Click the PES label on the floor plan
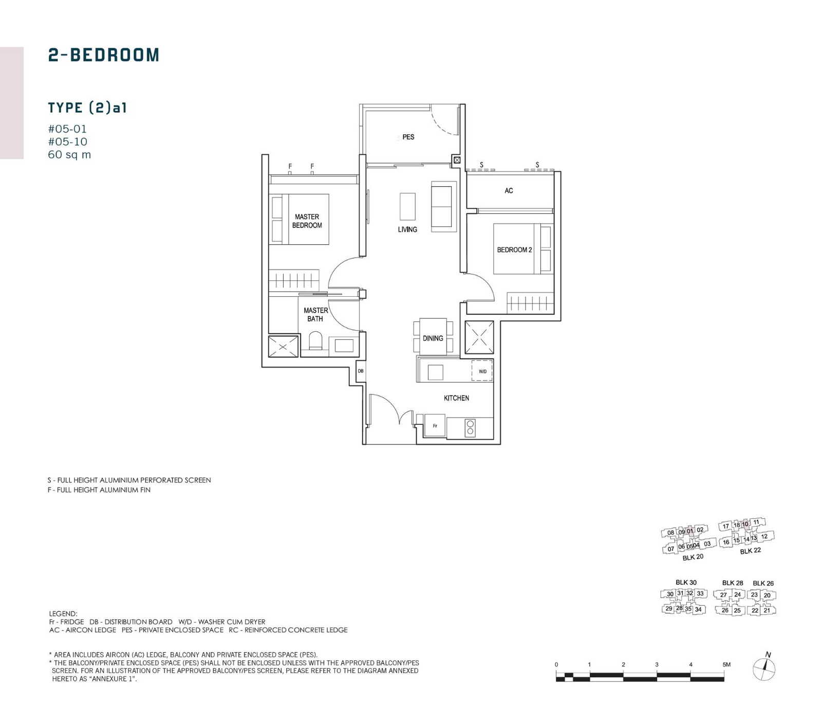408,137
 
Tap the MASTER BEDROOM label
307,221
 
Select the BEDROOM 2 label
514,250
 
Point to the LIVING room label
407,229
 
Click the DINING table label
433,338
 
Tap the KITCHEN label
456,398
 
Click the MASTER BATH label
315,315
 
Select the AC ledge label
509,191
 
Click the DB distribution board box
361,371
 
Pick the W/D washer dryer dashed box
482,371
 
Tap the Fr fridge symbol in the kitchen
435,426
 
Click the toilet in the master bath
315,341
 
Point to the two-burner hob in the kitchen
470,428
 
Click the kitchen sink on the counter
435,372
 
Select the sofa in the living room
444,207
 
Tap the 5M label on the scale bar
726,664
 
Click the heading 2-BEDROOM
104,55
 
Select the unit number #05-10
67,142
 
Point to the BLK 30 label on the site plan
686,583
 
